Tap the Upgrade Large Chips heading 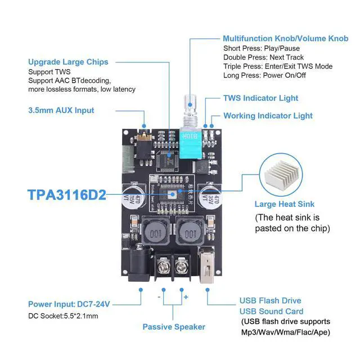tap(68, 62)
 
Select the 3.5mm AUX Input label tap(61, 110)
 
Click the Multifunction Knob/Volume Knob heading tap(285, 39)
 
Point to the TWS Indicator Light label tap(260, 98)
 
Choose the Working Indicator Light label tap(268, 116)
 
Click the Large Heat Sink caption tap(285, 204)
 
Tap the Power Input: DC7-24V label tap(69, 304)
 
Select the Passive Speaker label tap(174, 327)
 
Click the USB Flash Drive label tap(270, 301)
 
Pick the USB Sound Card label tap(271, 311)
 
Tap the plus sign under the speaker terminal tap(186, 296)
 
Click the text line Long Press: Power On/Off tap(264, 75)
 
